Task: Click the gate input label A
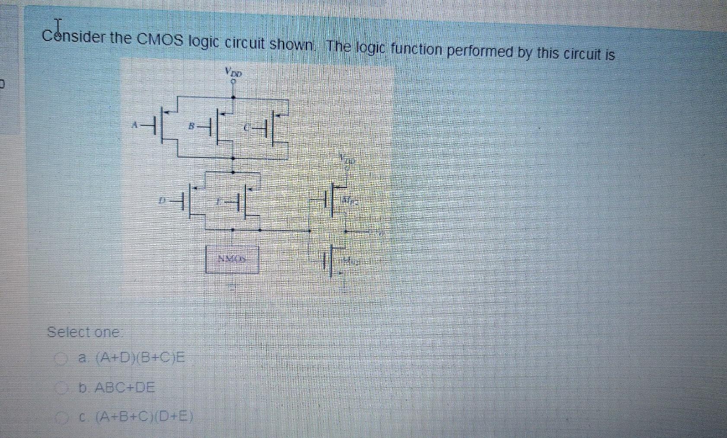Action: click(x=135, y=125)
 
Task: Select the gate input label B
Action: click(x=191, y=126)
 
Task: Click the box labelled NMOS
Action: click(x=233, y=259)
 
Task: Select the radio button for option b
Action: click(x=64, y=388)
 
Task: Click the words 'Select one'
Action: click(x=83, y=332)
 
